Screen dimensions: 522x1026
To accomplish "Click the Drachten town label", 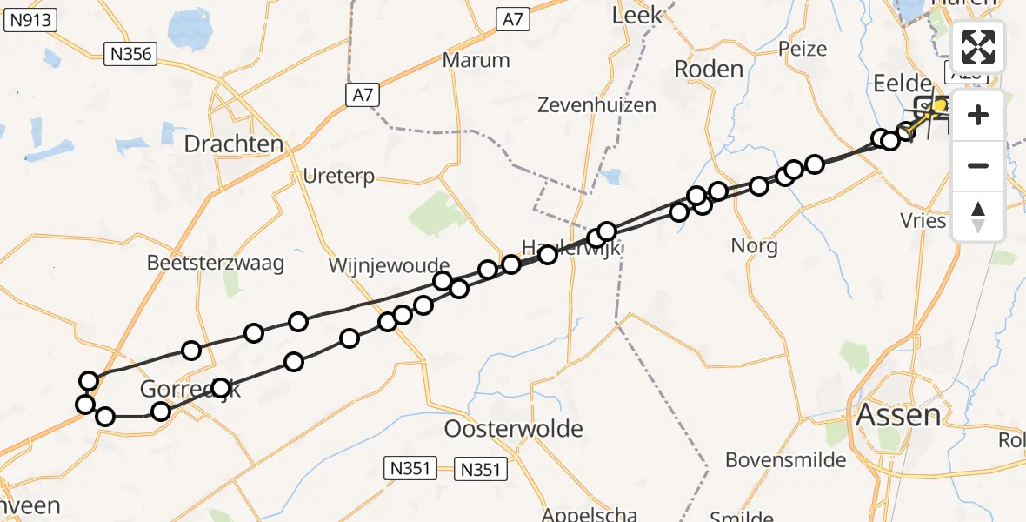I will [234, 144].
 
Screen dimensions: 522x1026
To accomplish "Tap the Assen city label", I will [898, 415].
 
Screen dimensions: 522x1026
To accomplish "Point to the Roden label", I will [709, 70].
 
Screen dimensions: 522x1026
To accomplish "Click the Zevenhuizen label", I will [596, 105].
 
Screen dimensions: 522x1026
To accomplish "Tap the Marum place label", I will [476, 60].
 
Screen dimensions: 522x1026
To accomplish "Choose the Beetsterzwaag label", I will [216, 263].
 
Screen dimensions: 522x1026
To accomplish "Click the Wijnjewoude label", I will [390, 264].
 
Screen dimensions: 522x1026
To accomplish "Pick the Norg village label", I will [754, 245].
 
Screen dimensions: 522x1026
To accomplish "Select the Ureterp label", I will [339, 177].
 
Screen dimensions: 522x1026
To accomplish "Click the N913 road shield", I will [30, 23].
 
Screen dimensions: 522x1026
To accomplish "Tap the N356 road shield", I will [131, 55].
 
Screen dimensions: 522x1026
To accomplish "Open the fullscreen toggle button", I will [978, 47].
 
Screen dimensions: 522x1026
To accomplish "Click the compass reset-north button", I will [978, 217].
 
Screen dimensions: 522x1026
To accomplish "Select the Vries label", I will [923, 220].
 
